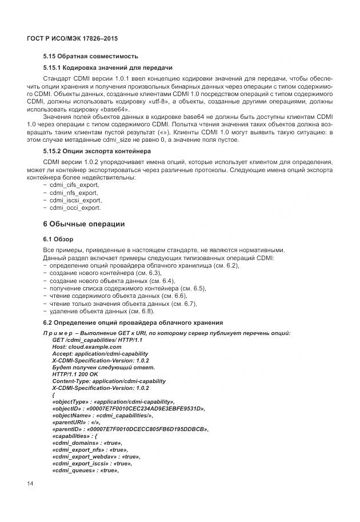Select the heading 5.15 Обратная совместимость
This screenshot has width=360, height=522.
click(90, 57)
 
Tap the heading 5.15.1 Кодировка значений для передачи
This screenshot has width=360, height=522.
click(107, 67)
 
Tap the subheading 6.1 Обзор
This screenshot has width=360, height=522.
click(58, 238)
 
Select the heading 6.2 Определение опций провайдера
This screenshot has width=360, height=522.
click(133, 323)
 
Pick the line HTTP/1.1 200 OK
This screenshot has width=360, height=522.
click(75, 374)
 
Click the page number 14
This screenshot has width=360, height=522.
click(30, 484)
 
